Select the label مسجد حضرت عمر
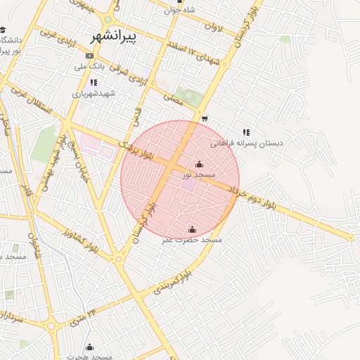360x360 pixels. pyautogui.click(x=192, y=240)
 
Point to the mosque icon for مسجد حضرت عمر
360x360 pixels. pyautogui.click(x=192, y=229)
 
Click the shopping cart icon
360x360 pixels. pyautogui.click(x=204, y=119)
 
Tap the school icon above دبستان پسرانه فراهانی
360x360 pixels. pyautogui.click(x=245, y=132)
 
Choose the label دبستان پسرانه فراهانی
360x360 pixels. pyautogui.click(x=251, y=143)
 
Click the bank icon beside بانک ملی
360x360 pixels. pyautogui.click(x=89, y=56)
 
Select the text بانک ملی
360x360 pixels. pyautogui.click(x=90, y=67)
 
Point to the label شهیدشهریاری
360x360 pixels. pyautogui.click(x=94, y=93)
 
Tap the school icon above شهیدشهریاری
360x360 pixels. pyautogui.click(x=94, y=82)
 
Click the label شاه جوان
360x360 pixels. pyautogui.click(x=180, y=10)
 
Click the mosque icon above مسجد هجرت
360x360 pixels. pyautogui.click(x=89, y=347)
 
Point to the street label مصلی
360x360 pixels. pyautogui.click(x=173, y=100)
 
